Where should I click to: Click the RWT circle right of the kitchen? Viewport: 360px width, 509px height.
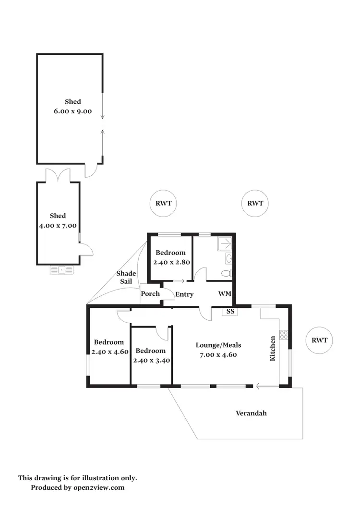point(319,340)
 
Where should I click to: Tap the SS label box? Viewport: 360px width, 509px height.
point(230,312)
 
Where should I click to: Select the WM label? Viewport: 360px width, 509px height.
point(225,293)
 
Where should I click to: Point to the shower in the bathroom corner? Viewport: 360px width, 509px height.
point(225,244)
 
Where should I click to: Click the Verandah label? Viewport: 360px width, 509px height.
point(251,413)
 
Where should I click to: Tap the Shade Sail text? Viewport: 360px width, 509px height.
point(126,278)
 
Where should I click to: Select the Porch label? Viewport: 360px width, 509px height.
point(150,294)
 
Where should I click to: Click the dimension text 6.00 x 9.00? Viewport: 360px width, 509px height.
point(72,111)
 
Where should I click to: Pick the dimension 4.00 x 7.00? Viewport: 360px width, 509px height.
point(58,225)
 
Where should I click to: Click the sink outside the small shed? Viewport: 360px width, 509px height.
point(62,270)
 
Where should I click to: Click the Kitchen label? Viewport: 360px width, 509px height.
point(273,348)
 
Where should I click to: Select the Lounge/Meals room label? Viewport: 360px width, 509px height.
point(218,345)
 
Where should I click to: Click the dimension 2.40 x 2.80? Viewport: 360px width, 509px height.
point(169,262)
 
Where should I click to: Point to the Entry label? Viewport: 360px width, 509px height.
point(184,294)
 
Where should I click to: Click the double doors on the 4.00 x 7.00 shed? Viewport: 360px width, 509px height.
point(58,175)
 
